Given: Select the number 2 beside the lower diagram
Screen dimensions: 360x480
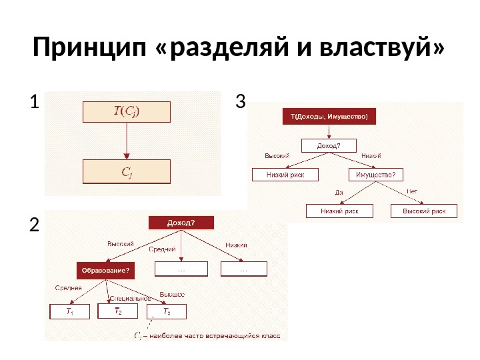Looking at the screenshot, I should (34, 227).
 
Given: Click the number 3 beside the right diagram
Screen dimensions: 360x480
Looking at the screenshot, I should (241, 102).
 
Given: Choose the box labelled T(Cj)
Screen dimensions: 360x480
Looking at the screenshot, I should (127, 111).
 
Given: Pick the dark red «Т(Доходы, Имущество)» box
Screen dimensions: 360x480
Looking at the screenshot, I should (329, 117).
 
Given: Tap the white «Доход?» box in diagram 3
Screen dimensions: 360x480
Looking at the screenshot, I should (329, 145).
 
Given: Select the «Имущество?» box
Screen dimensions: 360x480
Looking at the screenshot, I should (380, 175).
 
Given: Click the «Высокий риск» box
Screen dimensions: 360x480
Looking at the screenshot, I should (424, 211).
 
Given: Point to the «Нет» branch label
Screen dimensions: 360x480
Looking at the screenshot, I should (413, 191).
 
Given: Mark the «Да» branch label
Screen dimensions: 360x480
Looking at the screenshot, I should (339, 192).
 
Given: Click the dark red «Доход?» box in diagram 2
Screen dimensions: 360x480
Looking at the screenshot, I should (181, 223).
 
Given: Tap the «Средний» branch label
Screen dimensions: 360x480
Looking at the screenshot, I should (162, 249).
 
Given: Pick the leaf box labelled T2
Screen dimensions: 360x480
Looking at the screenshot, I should (118, 311).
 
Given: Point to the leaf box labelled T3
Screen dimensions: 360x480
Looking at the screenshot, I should (167, 312).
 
